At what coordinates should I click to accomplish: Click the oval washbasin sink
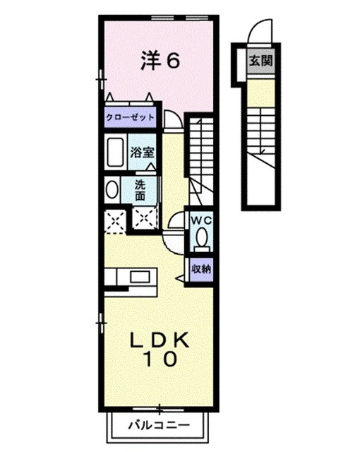pos(112,190)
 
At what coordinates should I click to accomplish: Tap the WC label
pos(203,220)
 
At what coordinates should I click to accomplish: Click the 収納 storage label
pos(202,268)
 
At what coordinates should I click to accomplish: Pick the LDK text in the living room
pos(160,339)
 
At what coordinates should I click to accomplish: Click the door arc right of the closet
pos(172,120)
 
